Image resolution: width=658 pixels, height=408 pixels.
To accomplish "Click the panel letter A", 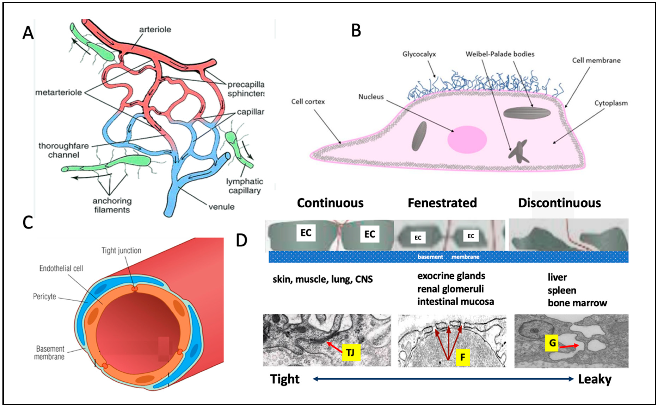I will click(28, 34).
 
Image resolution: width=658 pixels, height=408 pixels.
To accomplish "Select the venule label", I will click(221, 207).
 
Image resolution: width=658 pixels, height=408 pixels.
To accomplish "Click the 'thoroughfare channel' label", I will click(64, 150).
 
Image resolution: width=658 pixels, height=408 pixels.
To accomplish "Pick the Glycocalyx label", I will click(419, 54).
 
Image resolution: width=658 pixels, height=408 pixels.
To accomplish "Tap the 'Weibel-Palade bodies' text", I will click(500, 54).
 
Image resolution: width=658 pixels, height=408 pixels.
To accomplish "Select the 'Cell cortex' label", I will click(308, 102).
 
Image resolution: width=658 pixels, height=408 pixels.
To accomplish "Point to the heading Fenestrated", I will click(442, 203).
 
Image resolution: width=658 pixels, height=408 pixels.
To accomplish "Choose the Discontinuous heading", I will click(560, 203).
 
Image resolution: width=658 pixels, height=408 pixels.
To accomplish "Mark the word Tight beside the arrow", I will click(285, 379).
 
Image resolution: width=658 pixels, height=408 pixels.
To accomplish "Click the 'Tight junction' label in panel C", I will click(121, 251).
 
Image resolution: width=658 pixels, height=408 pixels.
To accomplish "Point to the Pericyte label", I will click(45, 296).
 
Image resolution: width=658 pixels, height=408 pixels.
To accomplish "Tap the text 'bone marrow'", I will click(577, 303).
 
